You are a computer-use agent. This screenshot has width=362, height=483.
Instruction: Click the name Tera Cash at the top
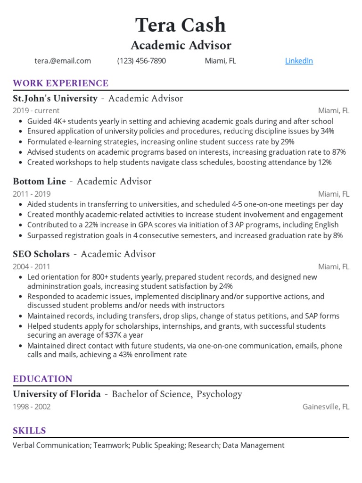pyautogui.click(x=181, y=25)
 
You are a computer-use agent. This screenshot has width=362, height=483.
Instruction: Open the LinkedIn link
pyautogui.click(x=299, y=61)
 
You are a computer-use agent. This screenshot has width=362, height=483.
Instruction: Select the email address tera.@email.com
pyautogui.click(x=63, y=61)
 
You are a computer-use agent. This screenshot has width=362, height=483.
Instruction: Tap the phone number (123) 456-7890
pyautogui.click(x=141, y=61)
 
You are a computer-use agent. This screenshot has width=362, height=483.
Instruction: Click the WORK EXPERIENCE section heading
pyautogui.click(x=60, y=83)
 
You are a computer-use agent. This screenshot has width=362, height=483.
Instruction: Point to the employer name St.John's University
pyautogui.click(x=55, y=99)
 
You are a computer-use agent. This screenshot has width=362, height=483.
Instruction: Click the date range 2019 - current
pyautogui.click(x=36, y=111)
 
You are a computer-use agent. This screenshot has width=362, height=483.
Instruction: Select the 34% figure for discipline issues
pyautogui.click(x=327, y=131)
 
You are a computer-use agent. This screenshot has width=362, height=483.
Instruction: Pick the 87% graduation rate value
pyautogui.click(x=338, y=152)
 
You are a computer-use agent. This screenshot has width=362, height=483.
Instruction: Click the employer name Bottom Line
pyautogui.click(x=40, y=182)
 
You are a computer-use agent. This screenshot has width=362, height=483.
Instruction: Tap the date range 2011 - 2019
pyautogui.click(x=32, y=194)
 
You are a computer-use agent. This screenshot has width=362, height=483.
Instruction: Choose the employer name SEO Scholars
pyautogui.click(x=41, y=254)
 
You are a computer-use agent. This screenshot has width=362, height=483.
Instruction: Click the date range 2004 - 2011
pyautogui.click(x=32, y=266)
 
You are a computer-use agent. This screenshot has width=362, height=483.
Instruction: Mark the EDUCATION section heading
pyautogui.click(x=42, y=379)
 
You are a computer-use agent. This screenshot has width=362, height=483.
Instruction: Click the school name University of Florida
pyautogui.click(x=57, y=394)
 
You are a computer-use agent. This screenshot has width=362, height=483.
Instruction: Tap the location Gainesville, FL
pyautogui.click(x=326, y=407)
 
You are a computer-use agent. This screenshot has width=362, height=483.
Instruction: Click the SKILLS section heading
pyautogui.click(x=29, y=431)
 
